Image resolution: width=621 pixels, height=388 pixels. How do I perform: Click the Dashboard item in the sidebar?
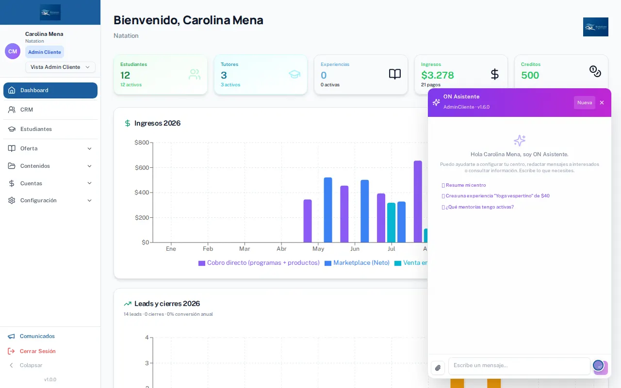[50, 90]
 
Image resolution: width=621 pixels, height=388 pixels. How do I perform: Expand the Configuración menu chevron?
[90, 200]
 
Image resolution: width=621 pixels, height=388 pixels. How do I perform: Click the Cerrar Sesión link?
[37, 351]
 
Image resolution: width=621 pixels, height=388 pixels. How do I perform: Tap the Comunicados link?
[37, 336]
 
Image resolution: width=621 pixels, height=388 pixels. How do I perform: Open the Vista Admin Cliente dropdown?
[60, 67]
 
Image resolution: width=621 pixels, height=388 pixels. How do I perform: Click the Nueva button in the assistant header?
[585, 102]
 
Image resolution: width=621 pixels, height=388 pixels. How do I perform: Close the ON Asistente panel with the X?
[602, 102]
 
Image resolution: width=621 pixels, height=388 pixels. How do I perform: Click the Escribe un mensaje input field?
[519, 366]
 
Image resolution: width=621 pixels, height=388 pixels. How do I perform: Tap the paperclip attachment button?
[438, 368]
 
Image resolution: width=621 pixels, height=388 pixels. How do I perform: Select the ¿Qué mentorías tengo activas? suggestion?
[478, 207]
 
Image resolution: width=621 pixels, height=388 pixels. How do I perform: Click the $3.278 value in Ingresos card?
[438, 75]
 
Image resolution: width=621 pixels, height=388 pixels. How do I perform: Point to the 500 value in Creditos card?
[530, 75]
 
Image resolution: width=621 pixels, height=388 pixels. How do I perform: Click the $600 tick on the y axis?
[142, 168]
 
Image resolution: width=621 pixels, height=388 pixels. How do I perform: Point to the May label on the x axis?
[318, 249]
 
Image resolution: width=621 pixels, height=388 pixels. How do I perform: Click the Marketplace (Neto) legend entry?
[357, 263]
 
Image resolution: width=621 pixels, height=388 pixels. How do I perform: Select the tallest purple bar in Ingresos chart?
[418, 201]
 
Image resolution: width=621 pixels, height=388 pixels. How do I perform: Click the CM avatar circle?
[13, 51]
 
